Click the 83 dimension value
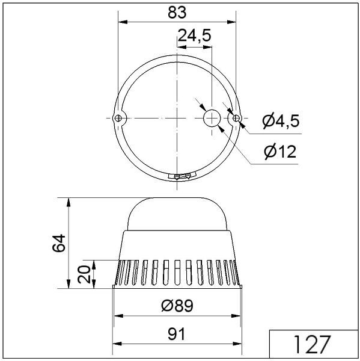point(177,13)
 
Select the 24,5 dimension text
point(194,35)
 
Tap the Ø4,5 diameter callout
point(281,121)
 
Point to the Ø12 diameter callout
point(280,152)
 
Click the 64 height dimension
point(59,243)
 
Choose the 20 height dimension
point(84,274)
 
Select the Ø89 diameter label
point(177,306)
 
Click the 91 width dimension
point(176,334)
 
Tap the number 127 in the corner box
point(312,344)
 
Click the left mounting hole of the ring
point(118,118)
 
